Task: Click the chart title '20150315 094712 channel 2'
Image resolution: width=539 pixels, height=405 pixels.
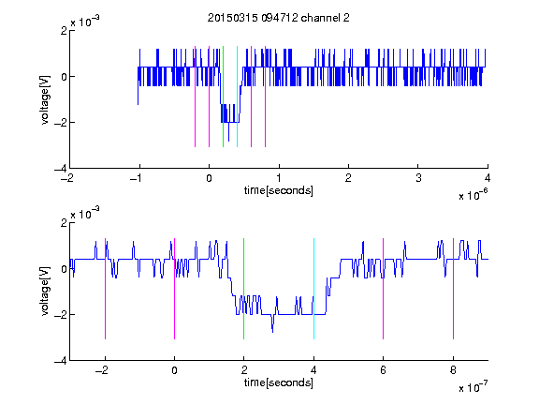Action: (279, 18)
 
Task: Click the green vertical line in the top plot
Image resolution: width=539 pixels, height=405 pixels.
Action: (223, 97)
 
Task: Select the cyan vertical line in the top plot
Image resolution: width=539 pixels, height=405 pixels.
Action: (237, 97)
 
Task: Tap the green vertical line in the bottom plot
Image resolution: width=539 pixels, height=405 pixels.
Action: (243, 289)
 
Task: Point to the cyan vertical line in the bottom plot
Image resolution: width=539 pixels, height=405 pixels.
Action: (313, 289)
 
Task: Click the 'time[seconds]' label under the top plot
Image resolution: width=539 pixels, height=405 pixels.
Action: (279, 190)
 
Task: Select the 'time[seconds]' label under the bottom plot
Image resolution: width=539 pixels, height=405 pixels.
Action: (279, 382)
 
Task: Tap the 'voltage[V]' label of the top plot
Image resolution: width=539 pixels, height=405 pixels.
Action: (45, 100)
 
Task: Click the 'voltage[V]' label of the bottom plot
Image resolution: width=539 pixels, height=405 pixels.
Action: (45, 292)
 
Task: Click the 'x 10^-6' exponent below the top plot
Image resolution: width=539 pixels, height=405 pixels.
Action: (473, 195)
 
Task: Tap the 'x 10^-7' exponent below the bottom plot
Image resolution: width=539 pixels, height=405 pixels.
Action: (473, 387)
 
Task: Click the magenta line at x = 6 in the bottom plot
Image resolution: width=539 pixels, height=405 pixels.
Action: (384, 289)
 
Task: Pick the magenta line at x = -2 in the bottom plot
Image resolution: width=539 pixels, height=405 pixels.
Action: (105, 289)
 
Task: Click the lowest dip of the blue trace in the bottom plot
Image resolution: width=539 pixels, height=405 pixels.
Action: (273, 332)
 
